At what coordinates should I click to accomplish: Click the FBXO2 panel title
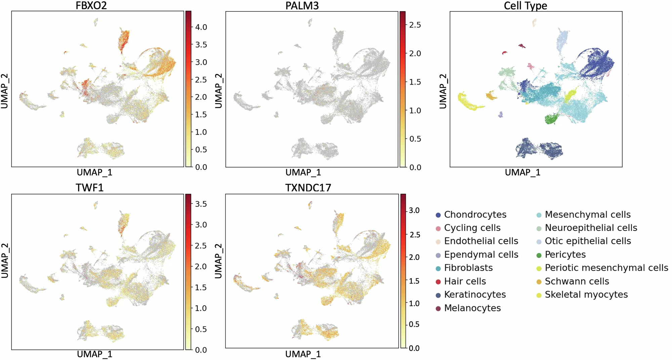click(x=91, y=5)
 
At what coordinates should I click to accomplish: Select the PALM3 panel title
click(x=302, y=5)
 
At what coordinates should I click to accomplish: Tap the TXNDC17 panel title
click(x=308, y=187)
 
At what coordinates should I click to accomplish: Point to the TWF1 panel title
click(x=89, y=187)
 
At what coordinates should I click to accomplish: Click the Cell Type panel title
click(x=525, y=5)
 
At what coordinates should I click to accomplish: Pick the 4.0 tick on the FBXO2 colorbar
click(x=201, y=27)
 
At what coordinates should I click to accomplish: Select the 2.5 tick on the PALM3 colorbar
click(x=415, y=25)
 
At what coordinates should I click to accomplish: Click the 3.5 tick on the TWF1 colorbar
click(x=201, y=204)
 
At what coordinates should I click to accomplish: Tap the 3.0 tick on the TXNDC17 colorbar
click(x=414, y=211)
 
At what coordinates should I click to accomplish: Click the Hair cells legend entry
click(x=465, y=281)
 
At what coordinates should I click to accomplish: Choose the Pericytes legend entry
click(x=565, y=255)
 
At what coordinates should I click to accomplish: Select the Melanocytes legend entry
click(x=472, y=308)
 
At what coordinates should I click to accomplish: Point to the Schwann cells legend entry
click(x=577, y=281)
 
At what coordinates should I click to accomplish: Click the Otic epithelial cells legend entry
click(x=588, y=241)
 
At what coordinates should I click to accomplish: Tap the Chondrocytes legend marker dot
click(x=438, y=215)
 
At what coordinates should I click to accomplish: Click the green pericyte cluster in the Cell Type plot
click(x=551, y=119)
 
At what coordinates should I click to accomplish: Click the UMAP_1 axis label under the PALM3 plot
click(x=303, y=172)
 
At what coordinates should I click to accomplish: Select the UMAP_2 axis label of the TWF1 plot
click(x=5, y=261)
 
